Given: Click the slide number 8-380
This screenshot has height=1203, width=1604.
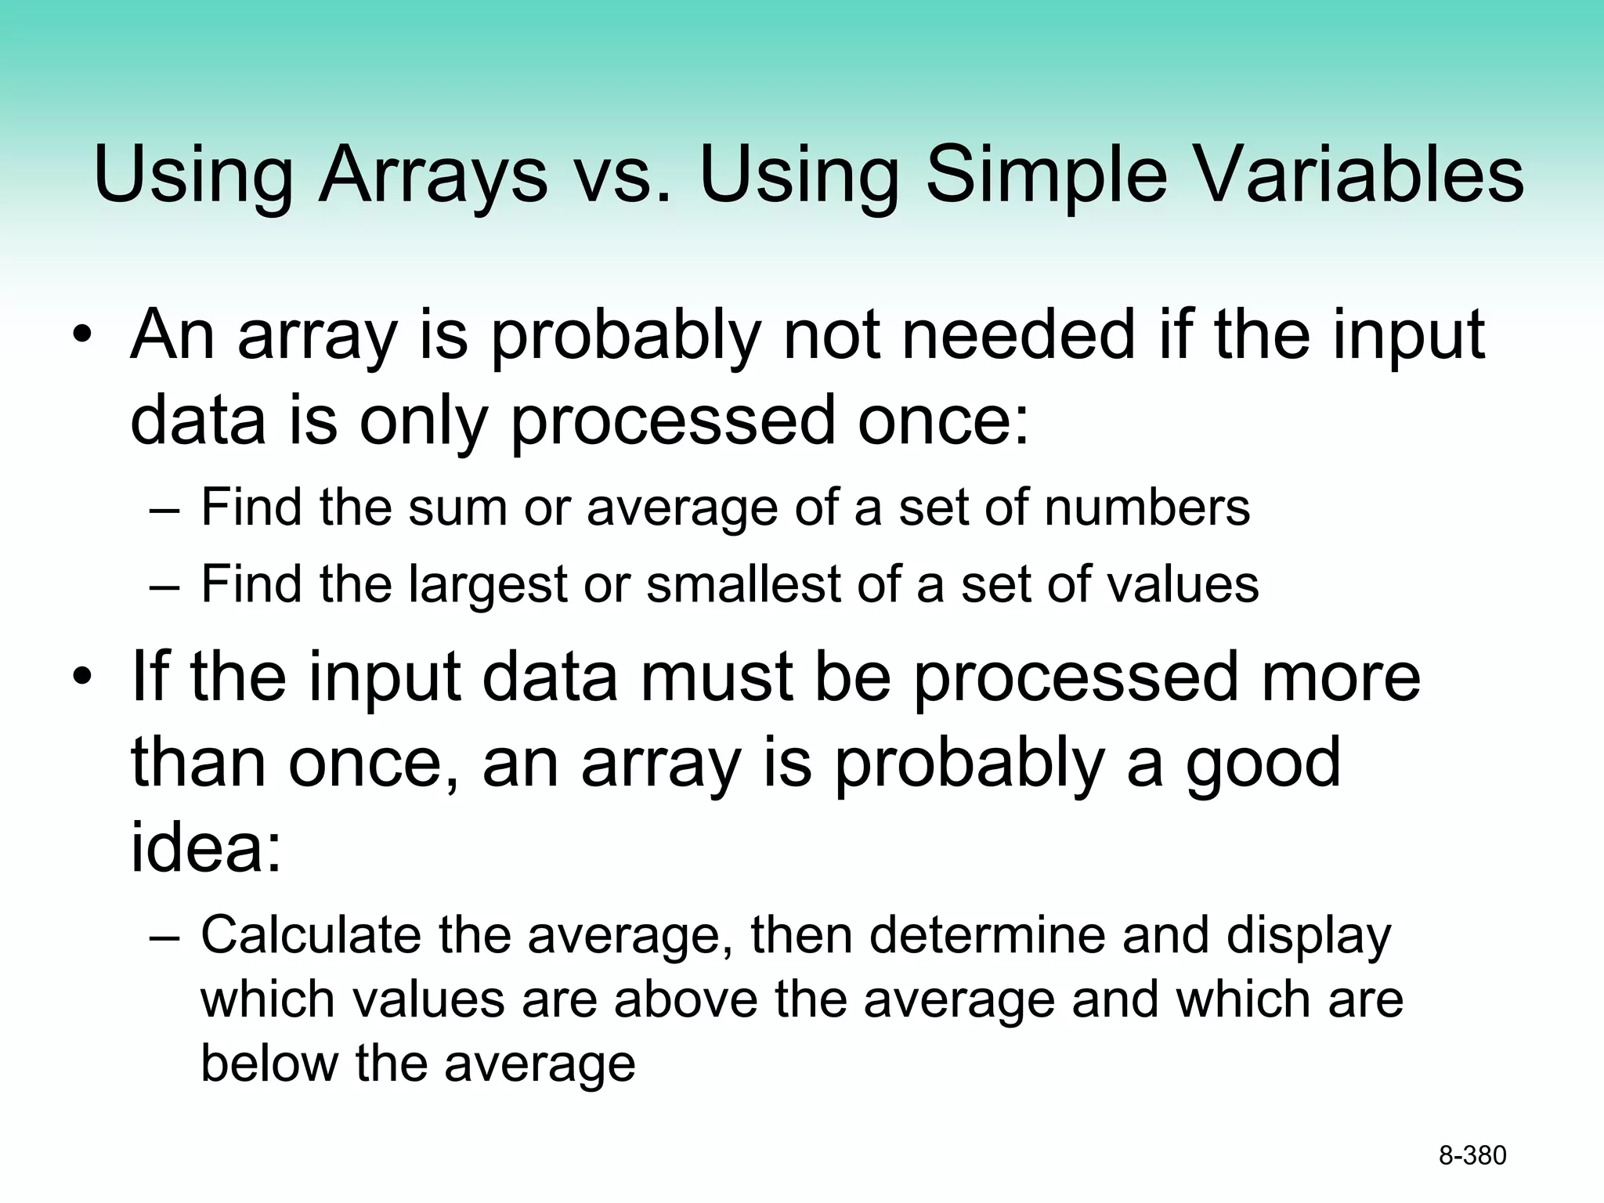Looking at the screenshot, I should point(1472,1155).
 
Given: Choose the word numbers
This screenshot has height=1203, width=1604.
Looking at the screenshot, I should point(1147,508).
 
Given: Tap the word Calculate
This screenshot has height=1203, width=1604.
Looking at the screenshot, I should point(310,935).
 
